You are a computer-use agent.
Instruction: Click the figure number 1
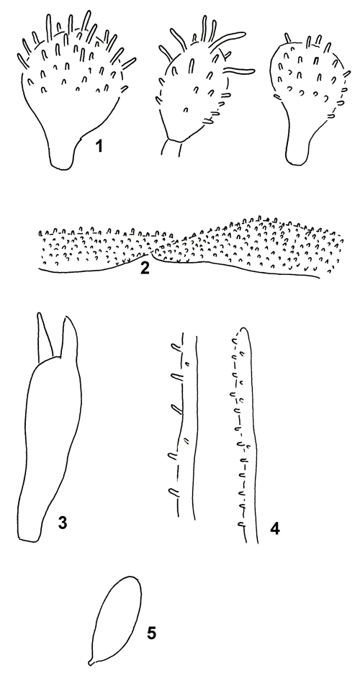(x=99, y=148)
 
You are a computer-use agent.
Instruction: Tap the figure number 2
(x=145, y=268)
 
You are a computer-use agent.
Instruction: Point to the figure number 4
(x=274, y=526)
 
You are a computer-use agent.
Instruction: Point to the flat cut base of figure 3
(x=28, y=540)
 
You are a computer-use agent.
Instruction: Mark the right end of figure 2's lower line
(x=318, y=277)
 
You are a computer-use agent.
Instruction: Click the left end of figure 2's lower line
(x=40, y=269)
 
